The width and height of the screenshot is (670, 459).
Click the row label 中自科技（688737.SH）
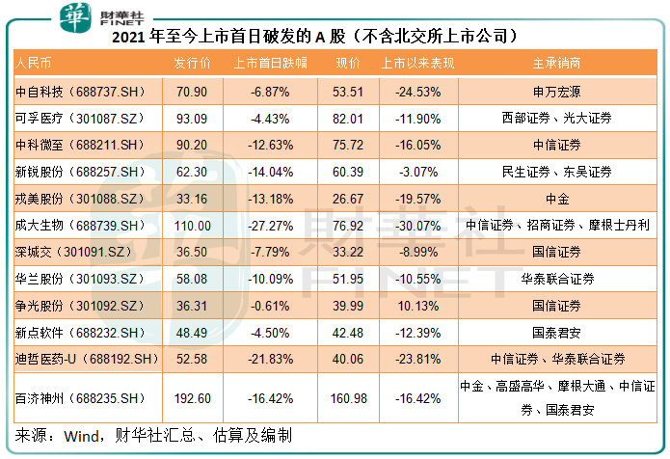pos(80,92)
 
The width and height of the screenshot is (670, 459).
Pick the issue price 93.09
pos(193,119)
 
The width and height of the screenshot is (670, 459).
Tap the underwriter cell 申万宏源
pos(556,92)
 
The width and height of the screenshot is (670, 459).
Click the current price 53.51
pos(348,92)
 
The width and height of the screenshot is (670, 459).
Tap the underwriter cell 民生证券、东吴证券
pos(556,172)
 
